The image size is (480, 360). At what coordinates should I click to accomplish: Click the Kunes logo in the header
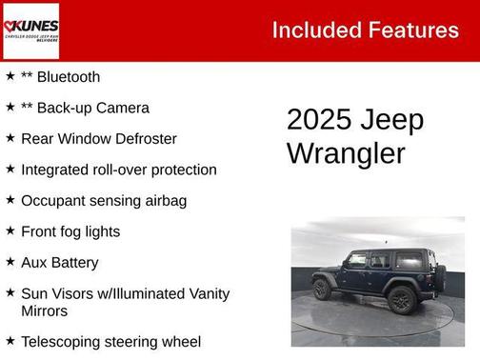coord(30,30)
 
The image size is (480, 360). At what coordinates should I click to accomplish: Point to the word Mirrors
coord(45,311)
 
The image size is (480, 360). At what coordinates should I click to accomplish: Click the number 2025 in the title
coord(319,121)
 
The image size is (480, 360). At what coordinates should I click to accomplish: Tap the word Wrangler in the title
coord(346,152)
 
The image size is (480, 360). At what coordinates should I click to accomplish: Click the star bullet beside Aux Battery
coord(10,262)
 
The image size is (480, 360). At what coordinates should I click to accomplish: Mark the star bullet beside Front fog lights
coord(10,230)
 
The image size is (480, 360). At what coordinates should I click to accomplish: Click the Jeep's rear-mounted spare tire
coord(439,279)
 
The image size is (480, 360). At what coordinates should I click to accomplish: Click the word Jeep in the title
coord(391,121)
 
